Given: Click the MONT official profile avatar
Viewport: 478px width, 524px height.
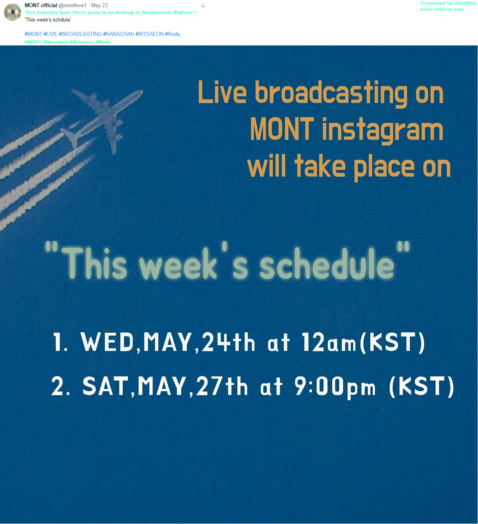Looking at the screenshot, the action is tap(12, 12).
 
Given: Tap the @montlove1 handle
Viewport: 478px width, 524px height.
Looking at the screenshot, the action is tap(72, 6).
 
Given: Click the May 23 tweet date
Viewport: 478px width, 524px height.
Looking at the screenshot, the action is tap(99, 6).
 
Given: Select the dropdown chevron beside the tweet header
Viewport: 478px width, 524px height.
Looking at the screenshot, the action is tap(203, 6).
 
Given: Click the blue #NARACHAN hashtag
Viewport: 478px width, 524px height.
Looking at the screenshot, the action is tap(119, 34).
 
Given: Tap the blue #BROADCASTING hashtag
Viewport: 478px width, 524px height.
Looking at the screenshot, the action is tap(80, 34).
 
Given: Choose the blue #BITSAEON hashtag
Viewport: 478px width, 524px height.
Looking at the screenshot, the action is tap(149, 34).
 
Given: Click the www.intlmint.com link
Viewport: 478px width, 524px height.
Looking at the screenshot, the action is tap(442, 10).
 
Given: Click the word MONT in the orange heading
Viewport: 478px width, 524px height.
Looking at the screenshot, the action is tap(282, 129).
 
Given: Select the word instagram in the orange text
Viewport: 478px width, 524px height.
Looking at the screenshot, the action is tap(383, 130).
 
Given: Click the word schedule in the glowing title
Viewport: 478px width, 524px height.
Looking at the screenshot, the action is tap(327, 263).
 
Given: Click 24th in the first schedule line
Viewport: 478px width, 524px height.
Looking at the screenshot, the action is tap(228, 341).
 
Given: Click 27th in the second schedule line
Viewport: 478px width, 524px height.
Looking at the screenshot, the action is tap(222, 386).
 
